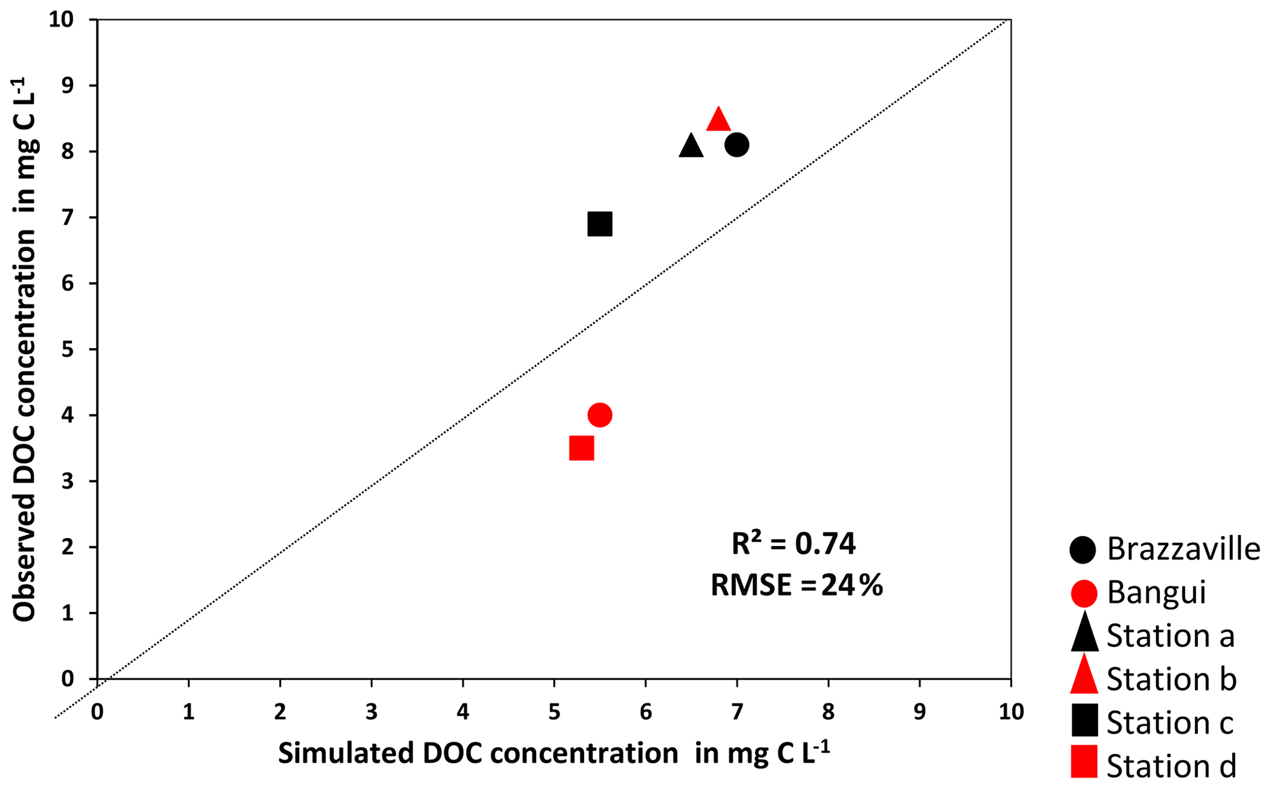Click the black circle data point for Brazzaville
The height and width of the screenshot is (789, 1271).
pos(736,145)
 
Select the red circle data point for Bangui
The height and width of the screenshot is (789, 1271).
pos(600,415)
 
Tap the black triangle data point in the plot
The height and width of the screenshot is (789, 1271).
pos(691,147)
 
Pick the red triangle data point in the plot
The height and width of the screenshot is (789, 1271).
pos(718,120)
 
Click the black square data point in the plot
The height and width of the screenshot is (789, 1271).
pos(600,224)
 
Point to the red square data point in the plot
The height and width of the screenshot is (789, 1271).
pos(582,448)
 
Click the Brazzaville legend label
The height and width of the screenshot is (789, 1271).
pos(1183,549)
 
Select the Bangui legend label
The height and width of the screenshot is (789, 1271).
pos(1156,593)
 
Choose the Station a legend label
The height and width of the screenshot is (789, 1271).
pos(1170,636)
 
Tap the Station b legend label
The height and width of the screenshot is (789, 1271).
pos(1171,680)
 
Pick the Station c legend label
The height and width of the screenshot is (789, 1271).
pos(1170,723)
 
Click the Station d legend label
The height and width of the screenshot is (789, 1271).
pos(1171,766)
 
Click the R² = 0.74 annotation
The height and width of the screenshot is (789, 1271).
pos(793,544)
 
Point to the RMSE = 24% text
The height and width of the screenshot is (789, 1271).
pos(796,585)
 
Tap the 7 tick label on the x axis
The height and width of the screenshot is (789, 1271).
pos(736,712)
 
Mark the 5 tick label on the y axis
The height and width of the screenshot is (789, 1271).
pos(68,349)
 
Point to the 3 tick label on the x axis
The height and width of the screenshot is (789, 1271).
pos(371,712)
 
